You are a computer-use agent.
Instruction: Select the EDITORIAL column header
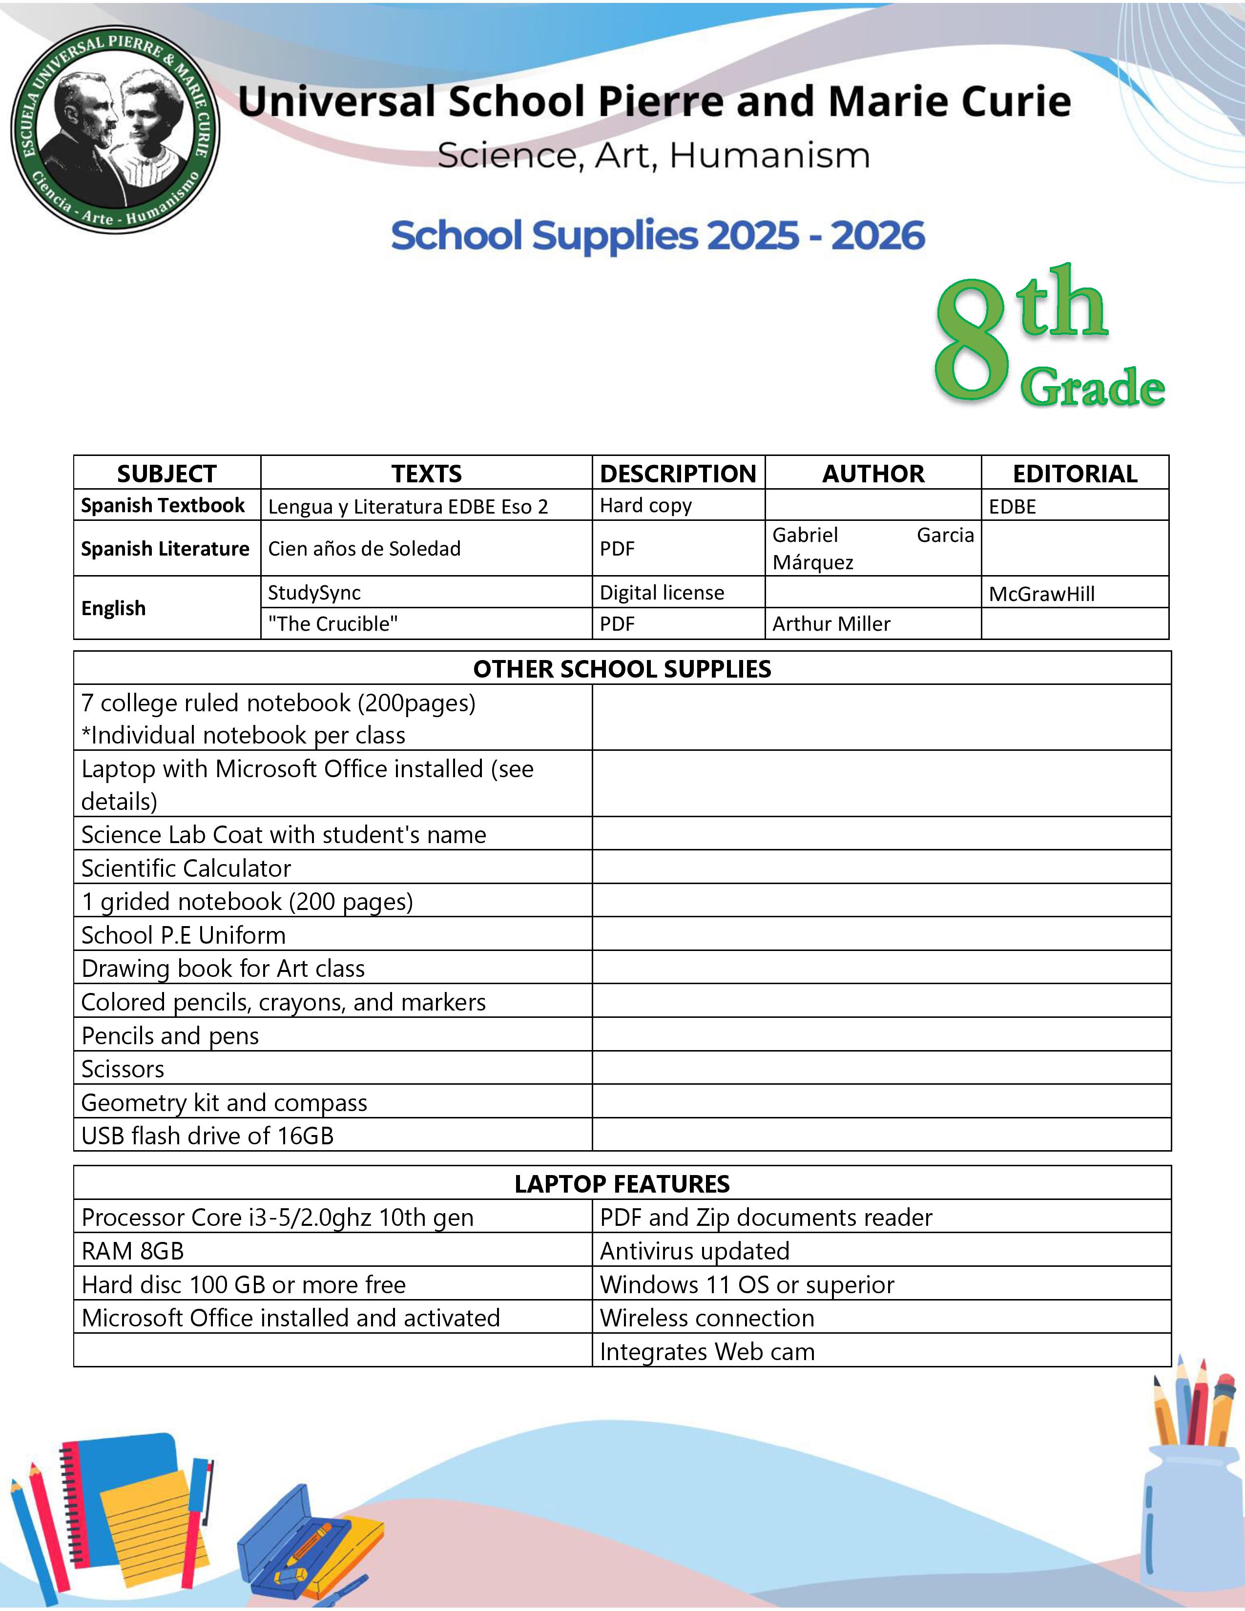pos(1075,474)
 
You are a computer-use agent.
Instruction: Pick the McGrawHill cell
pos(1041,594)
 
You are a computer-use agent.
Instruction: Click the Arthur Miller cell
pos(831,624)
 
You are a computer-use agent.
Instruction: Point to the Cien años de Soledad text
pos(364,549)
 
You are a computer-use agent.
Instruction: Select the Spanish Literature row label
pos(165,549)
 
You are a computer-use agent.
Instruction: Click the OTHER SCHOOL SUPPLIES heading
pos(622,669)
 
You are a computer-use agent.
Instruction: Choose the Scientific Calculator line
pos(186,868)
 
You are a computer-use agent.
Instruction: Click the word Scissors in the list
pos(123,1069)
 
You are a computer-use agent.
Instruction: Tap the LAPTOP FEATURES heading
pos(622,1184)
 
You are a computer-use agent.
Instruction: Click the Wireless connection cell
pos(706,1318)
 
